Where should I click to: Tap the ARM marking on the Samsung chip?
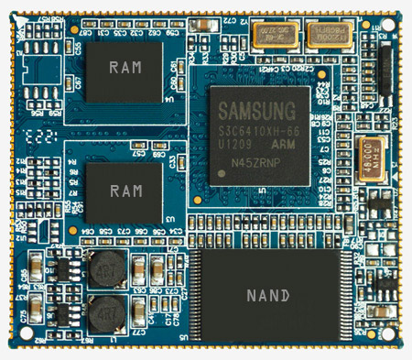[x=282, y=145]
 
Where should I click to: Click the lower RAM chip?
[x=124, y=191]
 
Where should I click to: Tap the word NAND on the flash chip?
[x=268, y=296]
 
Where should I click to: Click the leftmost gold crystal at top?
[x=271, y=36]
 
